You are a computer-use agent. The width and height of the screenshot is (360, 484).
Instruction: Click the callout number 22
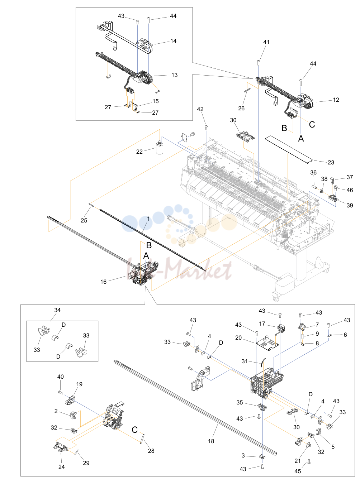(x=139, y=152)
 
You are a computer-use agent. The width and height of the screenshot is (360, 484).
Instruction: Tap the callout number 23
(x=331, y=162)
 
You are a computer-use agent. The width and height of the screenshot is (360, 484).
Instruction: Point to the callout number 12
(x=336, y=100)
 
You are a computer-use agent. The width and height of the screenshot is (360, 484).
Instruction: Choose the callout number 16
(x=103, y=282)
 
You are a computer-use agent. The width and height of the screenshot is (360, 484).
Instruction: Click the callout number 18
(x=211, y=441)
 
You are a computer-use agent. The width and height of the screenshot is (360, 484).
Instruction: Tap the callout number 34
(x=57, y=310)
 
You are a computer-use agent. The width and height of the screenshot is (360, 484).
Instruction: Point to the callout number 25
(x=84, y=220)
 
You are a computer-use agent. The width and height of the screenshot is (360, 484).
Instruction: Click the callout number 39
(x=350, y=205)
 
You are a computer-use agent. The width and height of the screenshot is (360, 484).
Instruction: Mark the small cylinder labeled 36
(x=315, y=187)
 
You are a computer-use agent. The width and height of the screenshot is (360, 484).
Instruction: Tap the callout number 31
(x=245, y=361)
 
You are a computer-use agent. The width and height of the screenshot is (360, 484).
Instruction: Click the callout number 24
(x=62, y=467)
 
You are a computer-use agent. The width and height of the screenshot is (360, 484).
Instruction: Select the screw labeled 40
(x=61, y=393)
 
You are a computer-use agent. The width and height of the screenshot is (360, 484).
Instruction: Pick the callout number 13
(x=175, y=75)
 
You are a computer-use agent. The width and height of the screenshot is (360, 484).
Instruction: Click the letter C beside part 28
(x=135, y=430)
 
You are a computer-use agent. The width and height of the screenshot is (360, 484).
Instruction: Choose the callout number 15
(x=156, y=101)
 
